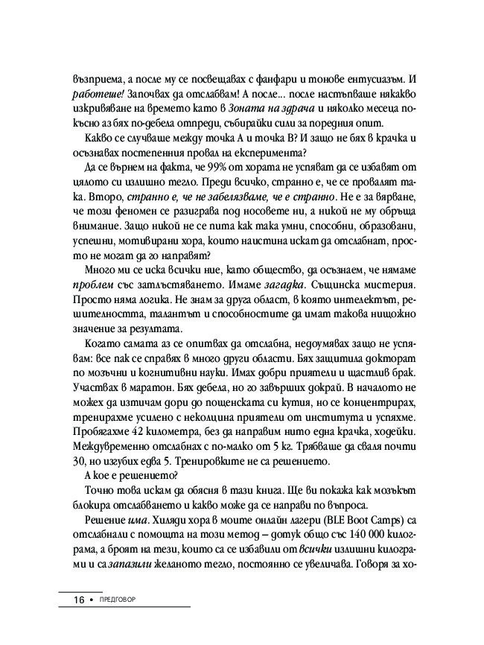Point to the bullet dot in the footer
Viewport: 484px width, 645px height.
pos(93,600)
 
